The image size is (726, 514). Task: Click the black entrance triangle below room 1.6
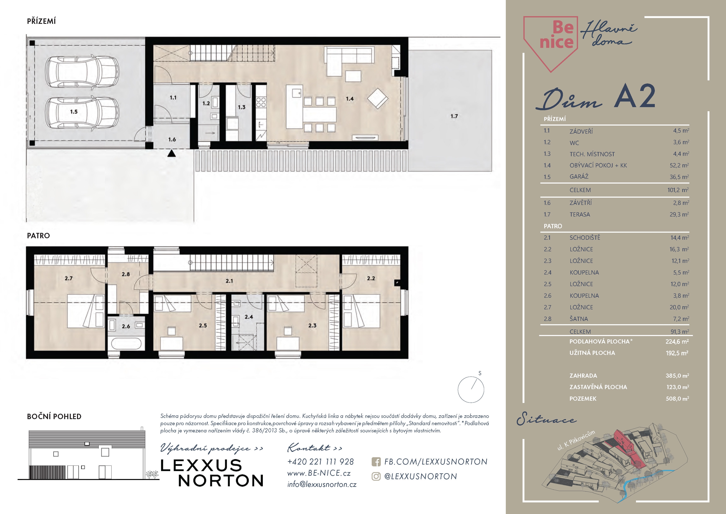171,154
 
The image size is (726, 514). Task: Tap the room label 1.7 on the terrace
454,116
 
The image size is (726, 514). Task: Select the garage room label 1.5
74,112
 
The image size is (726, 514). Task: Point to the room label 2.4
249,317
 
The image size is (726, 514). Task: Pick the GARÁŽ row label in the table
579,177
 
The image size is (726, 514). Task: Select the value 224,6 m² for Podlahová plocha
677,341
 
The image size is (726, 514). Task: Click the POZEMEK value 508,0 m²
677,398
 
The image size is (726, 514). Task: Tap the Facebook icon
376,462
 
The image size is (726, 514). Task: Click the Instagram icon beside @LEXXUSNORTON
376,476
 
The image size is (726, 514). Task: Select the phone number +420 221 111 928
320,462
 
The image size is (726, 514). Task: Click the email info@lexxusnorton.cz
322,484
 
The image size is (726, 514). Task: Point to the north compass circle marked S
471,390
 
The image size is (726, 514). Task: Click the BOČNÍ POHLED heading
54,416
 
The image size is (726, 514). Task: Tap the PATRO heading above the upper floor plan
38,236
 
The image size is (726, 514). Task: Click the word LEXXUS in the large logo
201,466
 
